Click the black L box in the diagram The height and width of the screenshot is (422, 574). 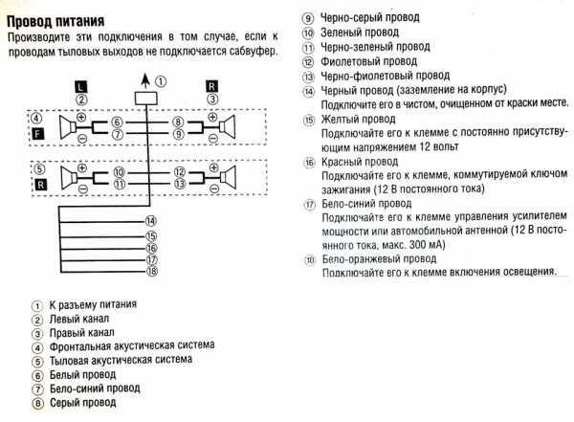(82, 86)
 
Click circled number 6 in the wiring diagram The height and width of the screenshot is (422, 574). (116, 122)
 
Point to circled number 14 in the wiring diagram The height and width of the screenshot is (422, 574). (151, 221)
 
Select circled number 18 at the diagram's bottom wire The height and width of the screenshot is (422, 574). (151, 272)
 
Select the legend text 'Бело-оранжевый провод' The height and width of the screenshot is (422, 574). (378, 258)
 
